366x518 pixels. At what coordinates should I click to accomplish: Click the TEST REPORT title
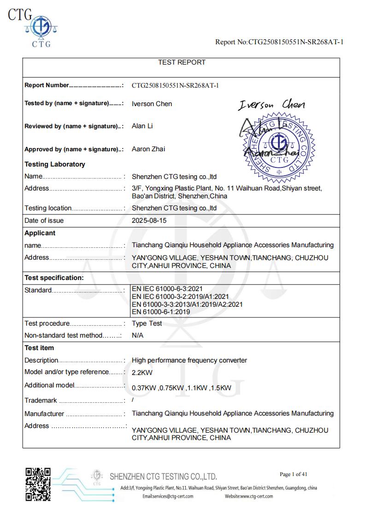[182, 62]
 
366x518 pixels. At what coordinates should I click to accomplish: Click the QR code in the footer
[38, 484]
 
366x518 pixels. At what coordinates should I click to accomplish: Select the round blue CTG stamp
[279, 145]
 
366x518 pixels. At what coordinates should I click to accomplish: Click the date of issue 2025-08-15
[149, 220]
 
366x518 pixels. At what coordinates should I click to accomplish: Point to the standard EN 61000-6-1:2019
[160, 311]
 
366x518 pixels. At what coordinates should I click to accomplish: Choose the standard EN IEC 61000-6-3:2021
[167, 289]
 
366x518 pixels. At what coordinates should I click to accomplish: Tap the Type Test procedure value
[147, 323]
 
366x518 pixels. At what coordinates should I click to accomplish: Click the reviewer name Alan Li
[142, 126]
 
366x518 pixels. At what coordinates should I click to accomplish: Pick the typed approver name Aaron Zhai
[148, 149]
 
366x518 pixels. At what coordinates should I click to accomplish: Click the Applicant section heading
[40, 233]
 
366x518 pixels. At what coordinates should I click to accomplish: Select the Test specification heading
[54, 278]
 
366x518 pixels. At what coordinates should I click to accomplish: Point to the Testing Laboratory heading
[54, 164]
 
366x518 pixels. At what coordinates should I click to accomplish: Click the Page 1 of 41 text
[293, 474]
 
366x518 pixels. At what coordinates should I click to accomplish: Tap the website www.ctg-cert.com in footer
[249, 496]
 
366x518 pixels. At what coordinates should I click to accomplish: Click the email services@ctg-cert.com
[168, 496]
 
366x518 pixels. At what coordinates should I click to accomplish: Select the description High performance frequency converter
[189, 360]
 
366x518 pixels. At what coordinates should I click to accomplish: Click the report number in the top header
[279, 42]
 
